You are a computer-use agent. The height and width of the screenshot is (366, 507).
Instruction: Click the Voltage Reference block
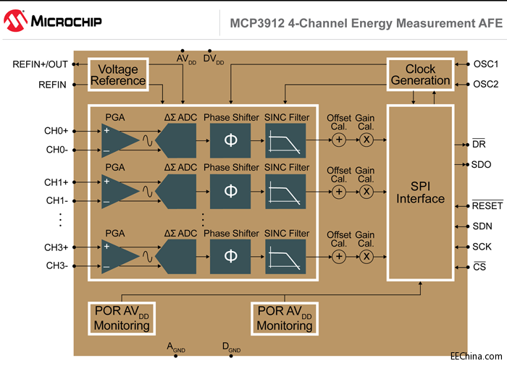click(x=118, y=75)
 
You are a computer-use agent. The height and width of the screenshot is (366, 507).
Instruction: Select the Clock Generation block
click(x=420, y=75)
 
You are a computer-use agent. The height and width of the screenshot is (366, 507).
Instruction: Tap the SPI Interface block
click(x=420, y=192)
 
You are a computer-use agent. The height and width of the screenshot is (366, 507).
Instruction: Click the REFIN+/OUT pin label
click(x=40, y=64)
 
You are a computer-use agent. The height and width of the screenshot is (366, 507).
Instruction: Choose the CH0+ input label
click(x=56, y=132)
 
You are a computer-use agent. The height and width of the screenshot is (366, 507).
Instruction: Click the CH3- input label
click(x=56, y=265)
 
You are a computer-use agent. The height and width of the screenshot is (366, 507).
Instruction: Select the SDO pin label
click(x=481, y=164)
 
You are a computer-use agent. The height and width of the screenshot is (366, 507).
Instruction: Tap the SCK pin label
click(x=482, y=247)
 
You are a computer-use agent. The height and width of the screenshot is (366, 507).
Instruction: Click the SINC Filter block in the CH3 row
click(x=285, y=257)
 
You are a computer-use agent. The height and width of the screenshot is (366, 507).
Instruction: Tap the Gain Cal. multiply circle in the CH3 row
click(x=366, y=257)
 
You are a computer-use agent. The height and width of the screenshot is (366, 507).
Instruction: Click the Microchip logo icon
click(x=15, y=21)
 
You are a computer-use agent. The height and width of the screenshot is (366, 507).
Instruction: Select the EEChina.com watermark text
click(x=475, y=357)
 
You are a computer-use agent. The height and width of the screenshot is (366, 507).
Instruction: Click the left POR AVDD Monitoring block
click(x=122, y=318)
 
